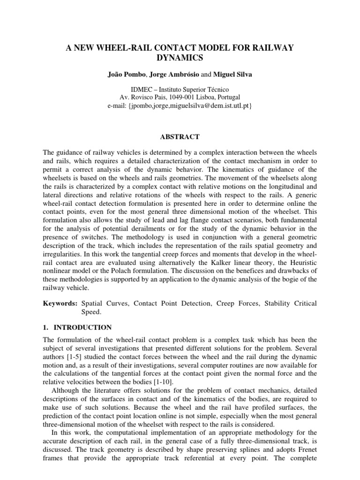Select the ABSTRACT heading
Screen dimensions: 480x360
point(180,137)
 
